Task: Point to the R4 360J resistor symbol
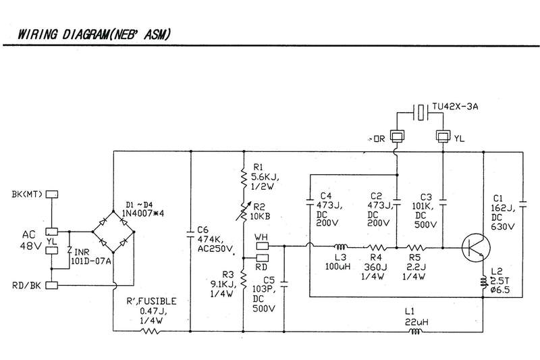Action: pos(377,247)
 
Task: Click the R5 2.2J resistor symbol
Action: pos(414,247)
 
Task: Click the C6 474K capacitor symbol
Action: pos(191,236)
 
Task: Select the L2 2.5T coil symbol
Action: pos(484,280)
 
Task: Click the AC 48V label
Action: pos(26,238)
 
